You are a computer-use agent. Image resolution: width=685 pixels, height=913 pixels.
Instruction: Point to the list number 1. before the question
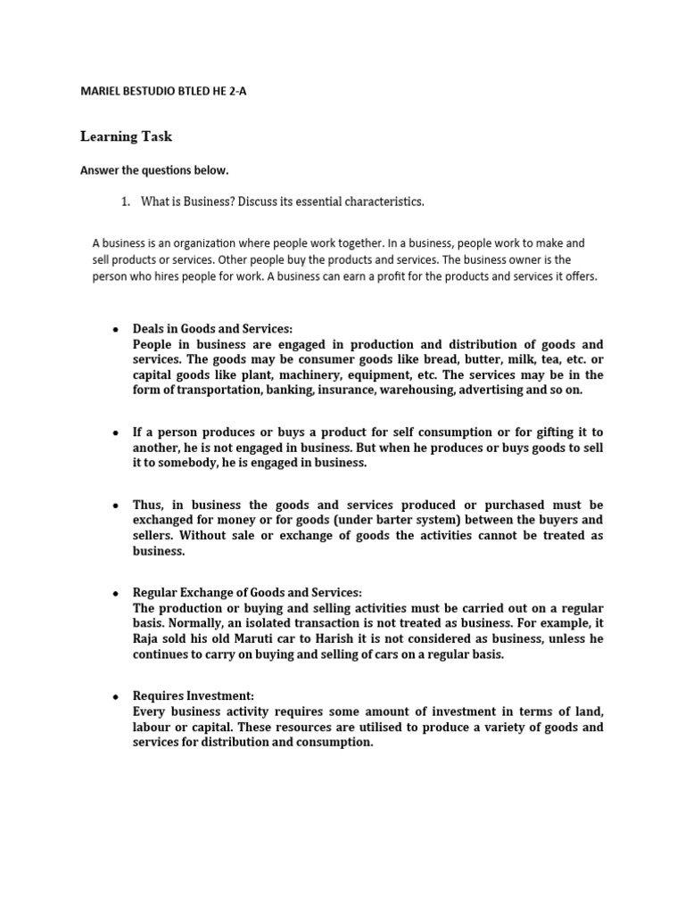(126, 202)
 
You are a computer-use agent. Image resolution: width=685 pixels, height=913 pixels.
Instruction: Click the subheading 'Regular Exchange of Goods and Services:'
(247, 593)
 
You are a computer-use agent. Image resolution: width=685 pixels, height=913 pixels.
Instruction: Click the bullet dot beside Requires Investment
(116, 696)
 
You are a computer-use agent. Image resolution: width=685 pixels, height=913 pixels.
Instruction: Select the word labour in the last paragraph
(154, 727)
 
